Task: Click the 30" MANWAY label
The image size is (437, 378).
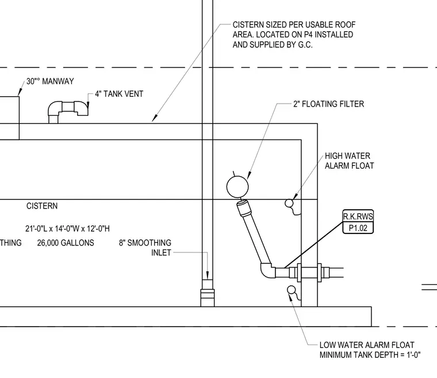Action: tap(50, 81)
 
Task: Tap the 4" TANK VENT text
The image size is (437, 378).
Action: tap(119, 94)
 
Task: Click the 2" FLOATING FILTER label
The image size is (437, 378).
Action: tap(328, 104)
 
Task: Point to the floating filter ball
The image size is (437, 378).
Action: tap(237, 187)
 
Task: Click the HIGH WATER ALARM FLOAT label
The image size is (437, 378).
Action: tap(349, 161)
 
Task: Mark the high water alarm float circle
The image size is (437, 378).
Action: tap(289, 203)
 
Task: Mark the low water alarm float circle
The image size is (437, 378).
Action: tap(292, 290)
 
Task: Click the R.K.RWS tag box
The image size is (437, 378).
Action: tap(358, 222)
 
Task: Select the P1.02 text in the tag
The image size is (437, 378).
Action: tap(358, 228)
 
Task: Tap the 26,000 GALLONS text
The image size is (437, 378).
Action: tap(66, 243)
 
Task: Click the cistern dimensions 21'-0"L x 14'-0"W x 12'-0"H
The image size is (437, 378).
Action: tap(67, 229)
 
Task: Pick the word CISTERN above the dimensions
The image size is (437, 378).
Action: tap(42, 206)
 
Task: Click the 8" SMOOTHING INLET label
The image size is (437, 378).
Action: tap(145, 248)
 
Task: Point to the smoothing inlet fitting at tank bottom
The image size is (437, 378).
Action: tap(208, 298)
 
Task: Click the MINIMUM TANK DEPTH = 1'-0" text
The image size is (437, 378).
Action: tap(370, 355)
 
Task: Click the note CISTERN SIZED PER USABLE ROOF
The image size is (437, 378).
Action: tap(294, 25)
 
